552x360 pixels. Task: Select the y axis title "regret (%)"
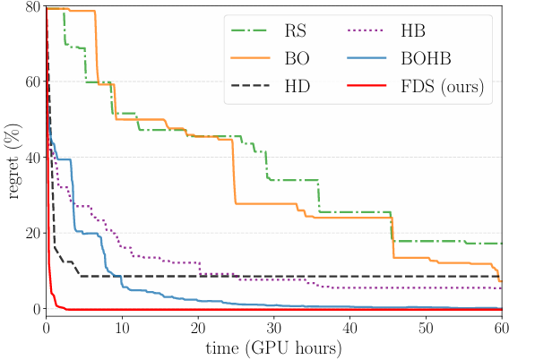(13, 158)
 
